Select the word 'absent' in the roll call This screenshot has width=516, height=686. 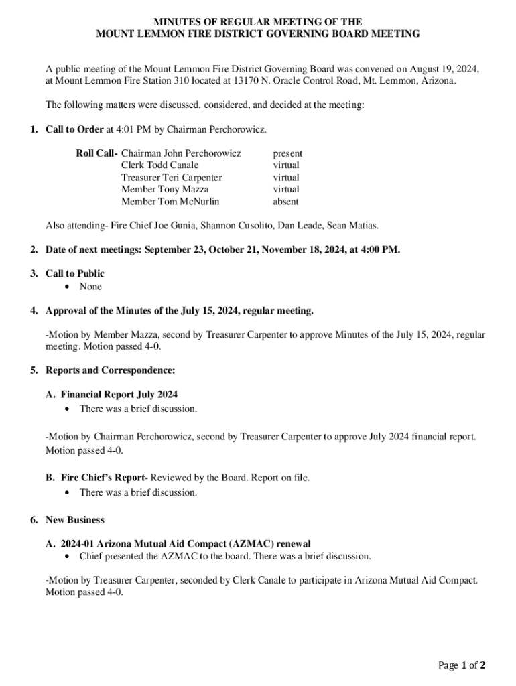pos(285,201)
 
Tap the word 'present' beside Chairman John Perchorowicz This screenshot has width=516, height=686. pos(287,153)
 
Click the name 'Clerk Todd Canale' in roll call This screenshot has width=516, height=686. pos(159,165)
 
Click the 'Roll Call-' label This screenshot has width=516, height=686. pos(96,153)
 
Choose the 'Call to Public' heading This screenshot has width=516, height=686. pos(74,273)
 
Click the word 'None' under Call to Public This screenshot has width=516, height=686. pos(90,287)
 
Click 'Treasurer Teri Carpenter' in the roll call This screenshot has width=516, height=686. pos(172,178)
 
